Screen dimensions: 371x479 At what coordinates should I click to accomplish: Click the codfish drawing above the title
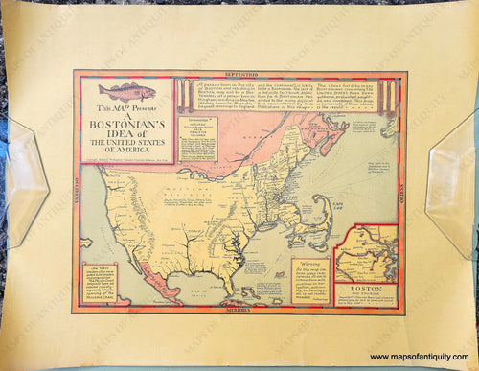126,91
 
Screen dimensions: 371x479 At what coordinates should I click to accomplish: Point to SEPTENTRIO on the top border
238,74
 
